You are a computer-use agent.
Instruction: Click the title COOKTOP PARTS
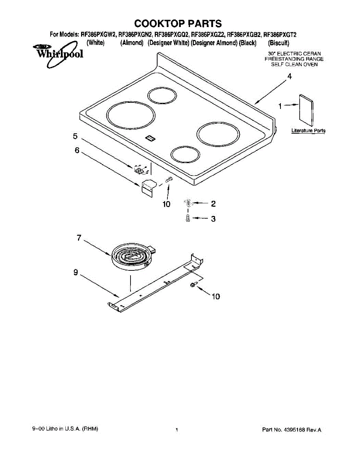(178, 24)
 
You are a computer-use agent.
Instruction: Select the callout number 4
(290, 77)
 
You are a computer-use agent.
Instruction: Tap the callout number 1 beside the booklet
(280, 107)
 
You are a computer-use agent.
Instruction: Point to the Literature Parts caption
(308, 131)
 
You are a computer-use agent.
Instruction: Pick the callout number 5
(75, 136)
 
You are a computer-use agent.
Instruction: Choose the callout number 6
(77, 150)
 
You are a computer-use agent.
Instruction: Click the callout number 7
(79, 238)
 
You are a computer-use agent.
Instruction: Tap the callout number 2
(213, 204)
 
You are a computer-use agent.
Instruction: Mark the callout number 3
(213, 219)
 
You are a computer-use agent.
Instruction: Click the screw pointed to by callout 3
(188, 219)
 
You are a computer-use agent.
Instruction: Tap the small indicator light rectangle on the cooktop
(151, 139)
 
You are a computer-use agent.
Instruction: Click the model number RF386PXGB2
(244, 35)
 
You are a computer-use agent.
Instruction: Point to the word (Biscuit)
(279, 43)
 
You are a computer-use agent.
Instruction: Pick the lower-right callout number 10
(216, 296)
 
